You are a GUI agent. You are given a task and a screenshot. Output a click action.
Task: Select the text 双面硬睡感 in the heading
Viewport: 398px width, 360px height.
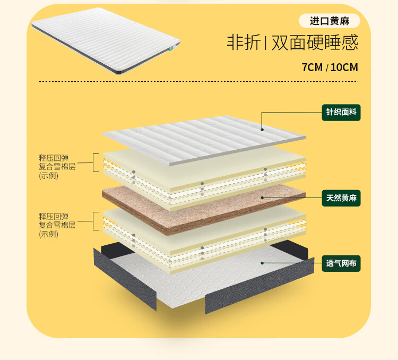pos(315,42)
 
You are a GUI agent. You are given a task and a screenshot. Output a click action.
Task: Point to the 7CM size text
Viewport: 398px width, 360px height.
pos(312,68)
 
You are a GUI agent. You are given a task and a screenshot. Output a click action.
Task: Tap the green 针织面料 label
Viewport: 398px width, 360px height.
pos(341,113)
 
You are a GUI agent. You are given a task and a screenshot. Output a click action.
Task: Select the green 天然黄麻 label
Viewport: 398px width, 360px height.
pos(341,199)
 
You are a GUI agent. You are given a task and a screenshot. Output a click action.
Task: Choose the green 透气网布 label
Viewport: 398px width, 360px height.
pos(341,262)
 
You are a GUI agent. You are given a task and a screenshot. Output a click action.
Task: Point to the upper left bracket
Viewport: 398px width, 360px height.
pos(96,163)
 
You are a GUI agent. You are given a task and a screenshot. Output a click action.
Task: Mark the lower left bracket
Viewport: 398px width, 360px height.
pos(96,221)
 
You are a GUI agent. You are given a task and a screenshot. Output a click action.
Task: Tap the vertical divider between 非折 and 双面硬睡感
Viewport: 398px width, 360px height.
pos(266,43)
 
